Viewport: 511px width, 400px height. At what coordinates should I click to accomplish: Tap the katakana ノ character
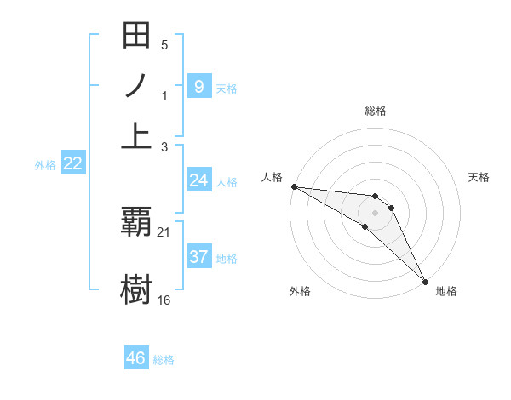point(137,86)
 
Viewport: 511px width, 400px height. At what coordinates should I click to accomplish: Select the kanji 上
point(137,134)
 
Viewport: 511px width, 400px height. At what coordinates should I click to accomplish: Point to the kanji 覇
point(137,222)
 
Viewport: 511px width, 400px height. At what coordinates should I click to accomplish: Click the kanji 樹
point(137,288)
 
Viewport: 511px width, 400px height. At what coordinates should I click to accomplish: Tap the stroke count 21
point(164,232)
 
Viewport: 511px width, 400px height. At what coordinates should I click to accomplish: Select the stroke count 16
point(164,300)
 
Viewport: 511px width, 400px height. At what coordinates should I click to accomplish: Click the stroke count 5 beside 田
point(164,45)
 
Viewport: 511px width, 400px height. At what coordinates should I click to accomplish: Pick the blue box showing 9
point(198,86)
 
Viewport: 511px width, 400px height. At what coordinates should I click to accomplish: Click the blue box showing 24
point(198,180)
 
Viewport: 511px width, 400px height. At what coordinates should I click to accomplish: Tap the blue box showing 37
point(198,257)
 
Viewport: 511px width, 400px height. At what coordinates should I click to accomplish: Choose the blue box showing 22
point(73,164)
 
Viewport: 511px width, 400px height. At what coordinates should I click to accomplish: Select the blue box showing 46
point(136,358)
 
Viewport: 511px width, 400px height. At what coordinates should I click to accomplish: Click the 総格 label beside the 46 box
point(164,360)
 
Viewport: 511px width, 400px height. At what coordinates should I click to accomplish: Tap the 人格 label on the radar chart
point(273,177)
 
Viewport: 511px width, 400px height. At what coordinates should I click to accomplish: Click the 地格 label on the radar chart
point(446,291)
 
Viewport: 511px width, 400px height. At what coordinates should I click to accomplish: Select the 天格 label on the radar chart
point(479,177)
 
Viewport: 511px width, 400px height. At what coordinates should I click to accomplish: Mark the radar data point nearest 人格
point(294,186)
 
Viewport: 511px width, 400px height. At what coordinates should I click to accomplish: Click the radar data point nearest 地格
point(425,281)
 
